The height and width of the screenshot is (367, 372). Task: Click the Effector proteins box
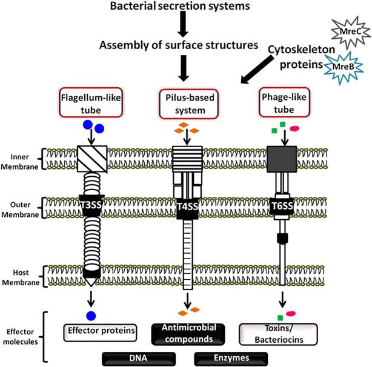click(x=99, y=331)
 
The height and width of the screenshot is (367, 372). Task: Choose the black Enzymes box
click(x=225, y=358)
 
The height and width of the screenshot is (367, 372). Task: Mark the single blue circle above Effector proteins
click(x=91, y=316)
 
